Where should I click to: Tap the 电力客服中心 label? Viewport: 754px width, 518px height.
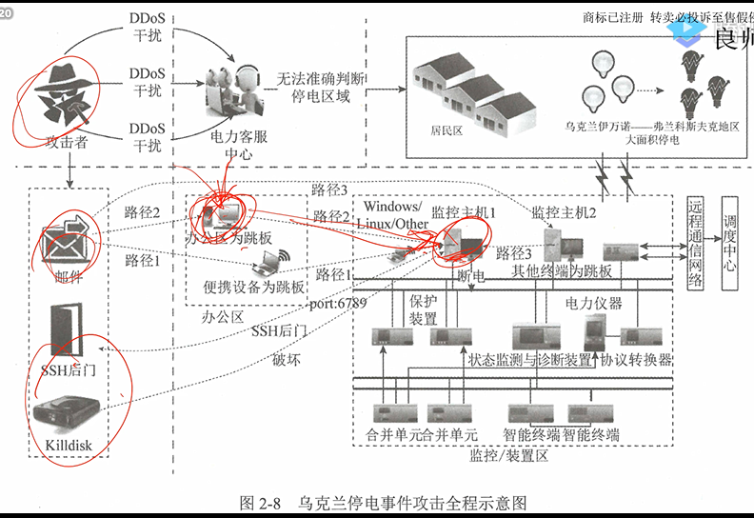click(232, 145)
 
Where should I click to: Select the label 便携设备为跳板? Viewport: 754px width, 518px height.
click(253, 287)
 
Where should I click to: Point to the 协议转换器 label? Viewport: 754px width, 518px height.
click(636, 360)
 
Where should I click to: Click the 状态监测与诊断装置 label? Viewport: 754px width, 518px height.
click(530, 360)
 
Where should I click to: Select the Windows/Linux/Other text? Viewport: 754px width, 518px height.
click(392, 214)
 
